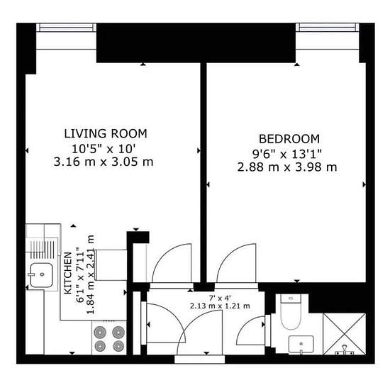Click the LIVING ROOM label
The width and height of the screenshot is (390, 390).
point(106,134)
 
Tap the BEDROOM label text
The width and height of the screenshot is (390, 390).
point(289,139)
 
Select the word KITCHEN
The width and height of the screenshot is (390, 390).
point(68,273)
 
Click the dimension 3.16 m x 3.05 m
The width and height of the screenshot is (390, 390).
point(104,162)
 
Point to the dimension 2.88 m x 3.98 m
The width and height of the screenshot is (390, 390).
point(287,167)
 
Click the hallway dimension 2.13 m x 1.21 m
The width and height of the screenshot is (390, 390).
point(220,306)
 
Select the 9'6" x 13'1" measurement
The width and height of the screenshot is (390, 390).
point(287,154)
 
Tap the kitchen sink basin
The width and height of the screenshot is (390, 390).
point(41,275)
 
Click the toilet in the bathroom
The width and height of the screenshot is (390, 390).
point(291,312)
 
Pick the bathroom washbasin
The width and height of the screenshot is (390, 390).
point(301,344)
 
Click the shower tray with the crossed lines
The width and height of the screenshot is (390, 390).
point(344,334)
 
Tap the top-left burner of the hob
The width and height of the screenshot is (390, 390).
point(100,332)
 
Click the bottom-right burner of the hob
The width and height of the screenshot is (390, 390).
point(118,346)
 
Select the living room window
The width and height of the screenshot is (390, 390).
point(66,28)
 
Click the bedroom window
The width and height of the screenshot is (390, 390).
point(328,28)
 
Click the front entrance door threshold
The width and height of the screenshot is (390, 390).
point(200,360)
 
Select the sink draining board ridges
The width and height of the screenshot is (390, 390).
point(42,250)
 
